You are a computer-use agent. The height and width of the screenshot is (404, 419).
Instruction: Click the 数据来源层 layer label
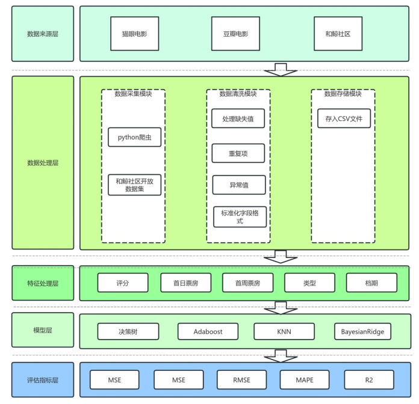pyautogui.click(x=43, y=34)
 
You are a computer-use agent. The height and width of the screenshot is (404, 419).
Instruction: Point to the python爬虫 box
pyautogui.click(x=134, y=137)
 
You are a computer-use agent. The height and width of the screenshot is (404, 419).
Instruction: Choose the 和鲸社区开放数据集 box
pyautogui.click(x=134, y=185)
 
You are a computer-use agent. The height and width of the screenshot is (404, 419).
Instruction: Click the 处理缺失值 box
pyautogui.click(x=238, y=119)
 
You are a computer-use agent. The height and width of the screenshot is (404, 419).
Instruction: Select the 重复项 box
pyautogui.click(x=238, y=153)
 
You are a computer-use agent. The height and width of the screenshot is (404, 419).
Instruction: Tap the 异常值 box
pyautogui.click(x=238, y=185)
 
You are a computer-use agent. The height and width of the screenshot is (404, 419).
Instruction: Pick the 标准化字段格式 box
pyautogui.click(x=238, y=217)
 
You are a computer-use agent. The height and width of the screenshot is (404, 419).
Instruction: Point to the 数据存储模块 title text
pyautogui.click(x=343, y=94)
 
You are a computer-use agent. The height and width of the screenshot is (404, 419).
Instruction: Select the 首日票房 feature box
pyautogui.click(x=186, y=283)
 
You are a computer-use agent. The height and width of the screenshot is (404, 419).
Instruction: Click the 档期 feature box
pyautogui.click(x=371, y=283)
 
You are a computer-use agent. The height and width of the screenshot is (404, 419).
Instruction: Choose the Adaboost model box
pyautogui.click(x=208, y=331)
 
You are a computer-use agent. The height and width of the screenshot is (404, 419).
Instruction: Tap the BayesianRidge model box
pyautogui.click(x=362, y=331)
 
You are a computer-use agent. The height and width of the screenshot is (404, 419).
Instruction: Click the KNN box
pyautogui.click(x=284, y=331)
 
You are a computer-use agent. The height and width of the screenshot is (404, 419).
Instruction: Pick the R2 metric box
pyautogui.click(x=368, y=380)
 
